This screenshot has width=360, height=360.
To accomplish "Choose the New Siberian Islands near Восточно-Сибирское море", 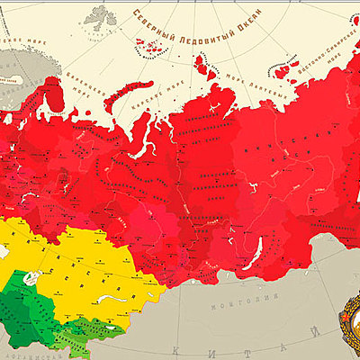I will click(286, 69).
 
